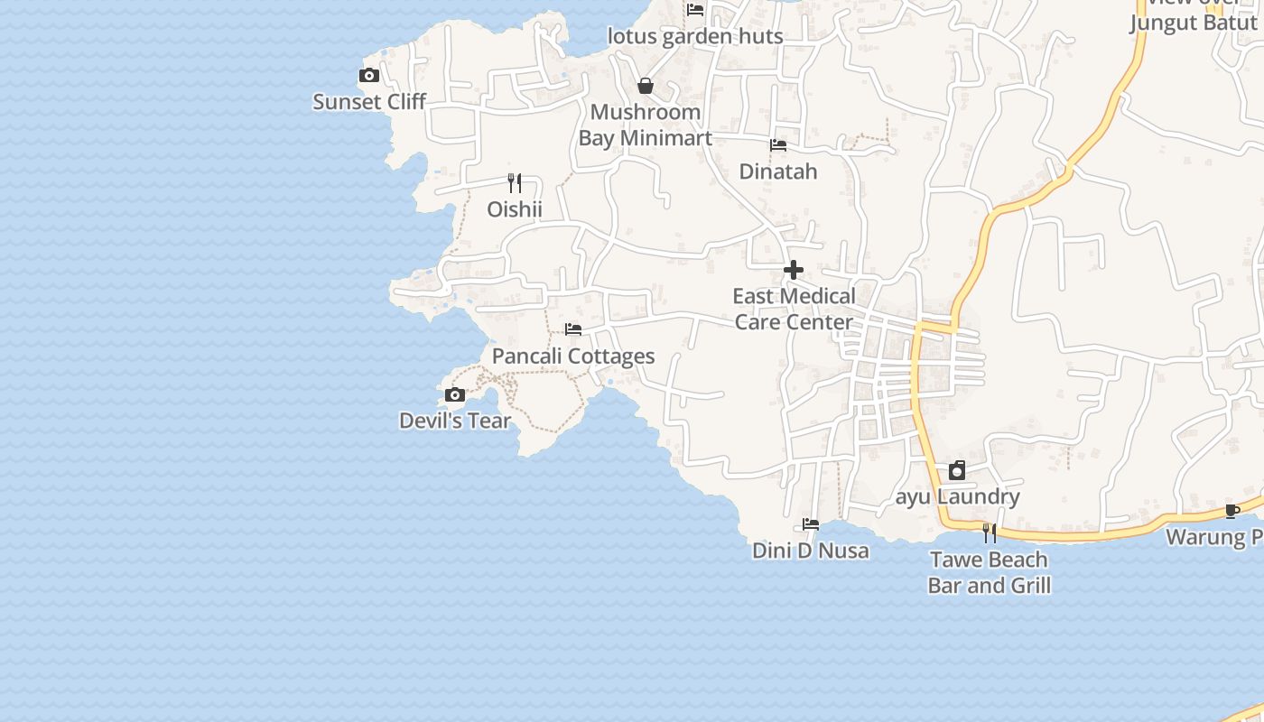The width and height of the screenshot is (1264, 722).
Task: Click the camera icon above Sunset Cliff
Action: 368,76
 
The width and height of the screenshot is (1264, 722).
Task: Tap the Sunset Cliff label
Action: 368,102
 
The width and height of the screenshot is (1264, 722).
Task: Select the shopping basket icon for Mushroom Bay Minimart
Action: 646,86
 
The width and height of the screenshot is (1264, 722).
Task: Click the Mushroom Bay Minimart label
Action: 645,125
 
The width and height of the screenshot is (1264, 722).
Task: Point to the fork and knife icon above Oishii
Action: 515,183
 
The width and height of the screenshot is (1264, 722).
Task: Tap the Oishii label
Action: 515,209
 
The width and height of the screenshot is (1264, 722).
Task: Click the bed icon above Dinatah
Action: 778,145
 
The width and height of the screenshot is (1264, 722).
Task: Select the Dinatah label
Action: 778,171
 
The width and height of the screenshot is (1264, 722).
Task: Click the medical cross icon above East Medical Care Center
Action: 794,270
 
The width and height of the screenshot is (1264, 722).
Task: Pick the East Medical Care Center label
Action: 794,309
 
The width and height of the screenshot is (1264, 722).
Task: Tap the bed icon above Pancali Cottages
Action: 573,329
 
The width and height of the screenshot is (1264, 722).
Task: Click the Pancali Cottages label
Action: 573,356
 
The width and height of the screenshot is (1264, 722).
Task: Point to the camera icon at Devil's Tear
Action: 455,394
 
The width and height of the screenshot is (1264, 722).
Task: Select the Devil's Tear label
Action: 455,421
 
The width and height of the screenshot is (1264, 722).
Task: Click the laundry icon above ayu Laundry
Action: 957,470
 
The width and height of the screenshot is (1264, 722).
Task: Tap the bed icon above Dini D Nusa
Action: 811,524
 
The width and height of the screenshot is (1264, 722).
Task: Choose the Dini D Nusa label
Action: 811,551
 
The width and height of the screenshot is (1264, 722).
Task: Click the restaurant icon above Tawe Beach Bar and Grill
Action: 990,533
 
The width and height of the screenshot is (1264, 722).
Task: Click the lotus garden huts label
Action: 695,37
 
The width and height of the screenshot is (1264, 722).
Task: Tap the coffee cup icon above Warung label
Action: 1232,511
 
